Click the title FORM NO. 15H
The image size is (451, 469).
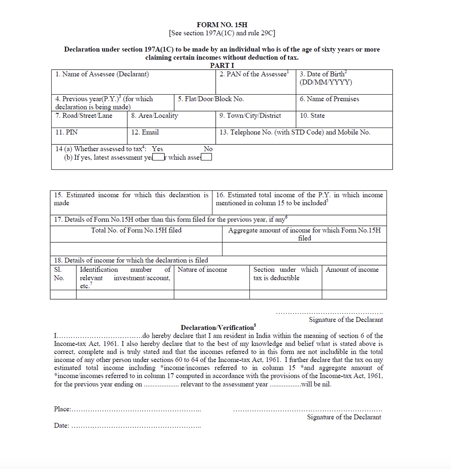click(222, 25)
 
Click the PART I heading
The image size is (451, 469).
click(222, 65)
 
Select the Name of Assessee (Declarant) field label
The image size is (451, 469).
click(102, 74)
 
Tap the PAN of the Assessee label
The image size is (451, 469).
click(254, 74)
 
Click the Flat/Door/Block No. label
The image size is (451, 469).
click(211, 99)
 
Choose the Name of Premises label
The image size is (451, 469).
click(329, 99)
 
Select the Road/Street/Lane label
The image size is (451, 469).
click(84, 116)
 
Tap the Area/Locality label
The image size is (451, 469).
click(154, 116)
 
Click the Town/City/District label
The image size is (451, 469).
click(250, 116)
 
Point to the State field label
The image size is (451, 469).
click(312, 116)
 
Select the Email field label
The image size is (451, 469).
click(145, 132)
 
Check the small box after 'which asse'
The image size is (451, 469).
click(206, 157)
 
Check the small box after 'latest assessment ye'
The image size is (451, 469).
click(158, 157)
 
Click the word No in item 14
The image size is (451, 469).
click(208, 149)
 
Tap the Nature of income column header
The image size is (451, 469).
click(202, 270)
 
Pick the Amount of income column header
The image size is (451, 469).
click(352, 270)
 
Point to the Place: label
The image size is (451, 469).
click(62, 409)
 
